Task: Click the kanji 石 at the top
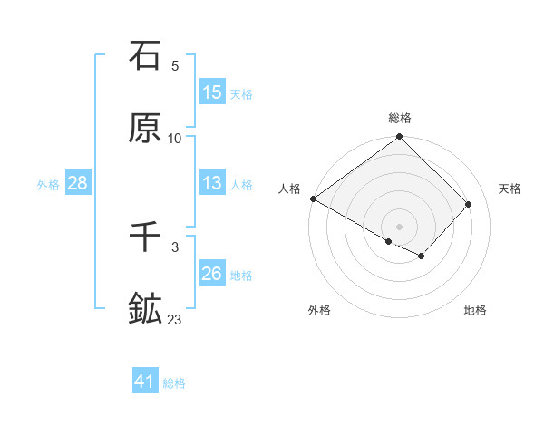[145, 55]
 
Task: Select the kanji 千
[145, 237]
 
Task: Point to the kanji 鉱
[145, 309]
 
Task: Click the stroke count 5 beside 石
[175, 66]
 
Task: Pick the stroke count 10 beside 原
[175, 139]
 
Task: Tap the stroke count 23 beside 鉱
[175, 320]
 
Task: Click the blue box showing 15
[212, 92]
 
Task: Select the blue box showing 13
[212, 183]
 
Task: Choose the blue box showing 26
[212, 274]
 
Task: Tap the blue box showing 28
[78, 183]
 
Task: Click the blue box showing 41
[145, 382]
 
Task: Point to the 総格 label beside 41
[174, 383]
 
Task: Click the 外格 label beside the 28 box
[48, 184]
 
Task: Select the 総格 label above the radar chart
[400, 118]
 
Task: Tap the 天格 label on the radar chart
[510, 189]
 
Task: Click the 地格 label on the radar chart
[475, 310]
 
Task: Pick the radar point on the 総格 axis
[400, 138]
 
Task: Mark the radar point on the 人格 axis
[313, 198]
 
